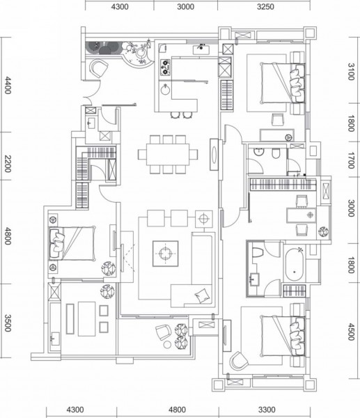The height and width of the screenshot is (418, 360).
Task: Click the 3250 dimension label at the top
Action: [x=265, y=6]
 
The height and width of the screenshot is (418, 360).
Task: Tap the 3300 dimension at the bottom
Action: [x=267, y=410]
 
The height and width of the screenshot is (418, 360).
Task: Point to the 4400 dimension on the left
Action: [x=8, y=85]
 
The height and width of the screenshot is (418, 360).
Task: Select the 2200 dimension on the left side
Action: [x=8, y=164]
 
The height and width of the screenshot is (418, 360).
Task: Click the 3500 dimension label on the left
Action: [x=8, y=323]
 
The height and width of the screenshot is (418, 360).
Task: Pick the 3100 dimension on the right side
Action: [x=351, y=72]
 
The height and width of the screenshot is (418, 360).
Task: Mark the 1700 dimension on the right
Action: [x=351, y=160]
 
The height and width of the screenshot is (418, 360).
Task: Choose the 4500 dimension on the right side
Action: [x=351, y=332]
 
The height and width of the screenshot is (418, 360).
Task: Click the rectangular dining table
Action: [x=168, y=155]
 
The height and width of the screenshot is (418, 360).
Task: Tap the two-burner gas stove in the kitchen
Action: [x=165, y=67]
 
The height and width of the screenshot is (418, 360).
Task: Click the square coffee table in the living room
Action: [x=166, y=254]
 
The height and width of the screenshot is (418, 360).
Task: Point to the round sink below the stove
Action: [x=165, y=90]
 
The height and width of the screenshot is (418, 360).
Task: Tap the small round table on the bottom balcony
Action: [x=167, y=344]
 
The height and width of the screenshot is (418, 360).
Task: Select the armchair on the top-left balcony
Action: [x=98, y=68]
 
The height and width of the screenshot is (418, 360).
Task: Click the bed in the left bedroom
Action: [x=72, y=243]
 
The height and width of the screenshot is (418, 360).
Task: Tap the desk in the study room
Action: [x=301, y=216]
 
